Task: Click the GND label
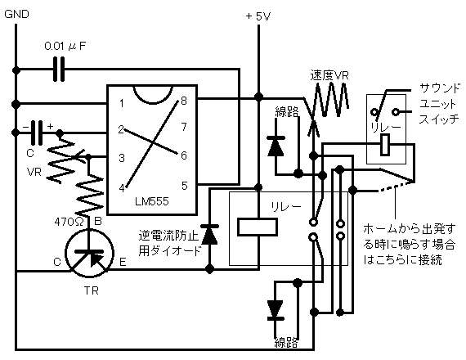[x=17, y=14]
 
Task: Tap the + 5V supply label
[x=258, y=16]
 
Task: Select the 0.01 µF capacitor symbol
[x=59, y=70]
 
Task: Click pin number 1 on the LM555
[x=122, y=103]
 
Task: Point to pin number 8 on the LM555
[x=184, y=101]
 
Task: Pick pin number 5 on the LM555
[x=185, y=186]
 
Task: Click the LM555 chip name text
[x=152, y=202]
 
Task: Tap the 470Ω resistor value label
[x=69, y=222]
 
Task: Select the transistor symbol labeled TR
[x=89, y=253]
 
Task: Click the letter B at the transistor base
[x=98, y=221]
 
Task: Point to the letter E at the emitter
[x=123, y=262]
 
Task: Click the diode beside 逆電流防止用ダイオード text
[x=210, y=235]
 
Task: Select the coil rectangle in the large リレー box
[x=258, y=227]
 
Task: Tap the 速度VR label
[x=329, y=75]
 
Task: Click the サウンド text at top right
[x=440, y=88]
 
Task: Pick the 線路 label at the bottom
[x=286, y=343]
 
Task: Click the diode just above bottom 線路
[x=276, y=311]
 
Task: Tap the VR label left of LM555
[x=34, y=173]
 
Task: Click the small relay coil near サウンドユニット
[x=385, y=145]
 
